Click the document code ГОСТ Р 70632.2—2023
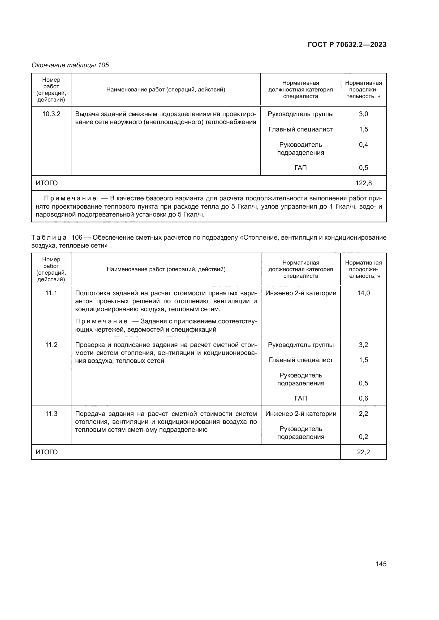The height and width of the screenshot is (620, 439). (347, 45)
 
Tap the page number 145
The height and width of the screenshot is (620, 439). (381, 564)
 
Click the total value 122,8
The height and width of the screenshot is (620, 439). (363, 183)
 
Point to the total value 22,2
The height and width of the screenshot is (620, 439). (363, 452)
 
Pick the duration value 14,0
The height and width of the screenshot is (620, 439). (363, 293)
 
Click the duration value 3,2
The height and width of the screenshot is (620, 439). (363, 345)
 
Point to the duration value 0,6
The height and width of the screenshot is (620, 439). (363, 398)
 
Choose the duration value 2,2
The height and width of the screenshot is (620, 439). (363, 414)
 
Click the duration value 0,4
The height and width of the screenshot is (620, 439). (363, 145)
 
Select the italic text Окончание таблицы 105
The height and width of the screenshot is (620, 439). (70, 65)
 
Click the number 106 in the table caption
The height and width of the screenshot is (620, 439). (77, 238)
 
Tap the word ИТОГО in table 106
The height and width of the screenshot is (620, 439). (47, 452)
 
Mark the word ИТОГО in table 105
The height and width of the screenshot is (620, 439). (47, 183)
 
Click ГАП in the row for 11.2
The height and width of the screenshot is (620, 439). (301, 398)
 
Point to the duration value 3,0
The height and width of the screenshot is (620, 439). (363, 114)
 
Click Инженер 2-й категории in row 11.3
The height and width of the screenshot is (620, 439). (301, 414)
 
